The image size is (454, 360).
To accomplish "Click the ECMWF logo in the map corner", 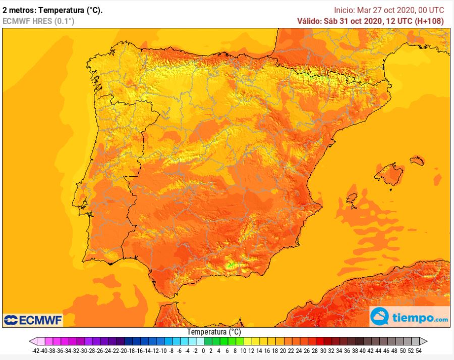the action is pyautogui.click(x=33, y=320).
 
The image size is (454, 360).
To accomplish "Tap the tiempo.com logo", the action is pyautogui.click(x=410, y=317).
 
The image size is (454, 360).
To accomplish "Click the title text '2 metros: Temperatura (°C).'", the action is pyautogui.click(x=52, y=10).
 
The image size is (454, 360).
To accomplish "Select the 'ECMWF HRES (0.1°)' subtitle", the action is pyautogui.click(x=38, y=21).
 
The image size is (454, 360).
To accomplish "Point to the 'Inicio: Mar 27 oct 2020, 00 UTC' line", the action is pyautogui.click(x=389, y=10).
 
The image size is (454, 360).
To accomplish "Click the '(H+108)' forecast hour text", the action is pyautogui.click(x=429, y=21).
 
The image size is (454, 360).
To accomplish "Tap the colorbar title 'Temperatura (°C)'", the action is pyautogui.click(x=214, y=332).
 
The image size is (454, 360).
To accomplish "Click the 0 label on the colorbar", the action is pyautogui.click(x=203, y=351).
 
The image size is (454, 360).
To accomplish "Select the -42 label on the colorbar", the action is pyautogui.click(x=35, y=351).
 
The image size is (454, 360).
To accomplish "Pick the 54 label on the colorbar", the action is pyautogui.click(x=419, y=351).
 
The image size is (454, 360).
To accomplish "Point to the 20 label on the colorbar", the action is pyautogui.click(x=283, y=351).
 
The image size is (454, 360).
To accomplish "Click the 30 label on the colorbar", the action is pyautogui.click(x=323, y=351).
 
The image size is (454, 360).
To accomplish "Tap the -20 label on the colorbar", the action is pyautogui.click(x=124, y=351).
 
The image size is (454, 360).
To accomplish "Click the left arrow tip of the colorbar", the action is pyautogui.click(x=30, y=341).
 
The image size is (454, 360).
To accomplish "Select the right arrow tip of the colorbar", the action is pyautogui.click(x=427, y=341).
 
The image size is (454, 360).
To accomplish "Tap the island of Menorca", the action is pyautogui.click(x=417, y=160).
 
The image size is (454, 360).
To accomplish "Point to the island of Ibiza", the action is pyautogui.click(x=352, y=198).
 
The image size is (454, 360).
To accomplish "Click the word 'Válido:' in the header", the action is pyautogui.click(x=309, y=21).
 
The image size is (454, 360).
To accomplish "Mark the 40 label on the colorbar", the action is pyautogui.click(x=363, y=351).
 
